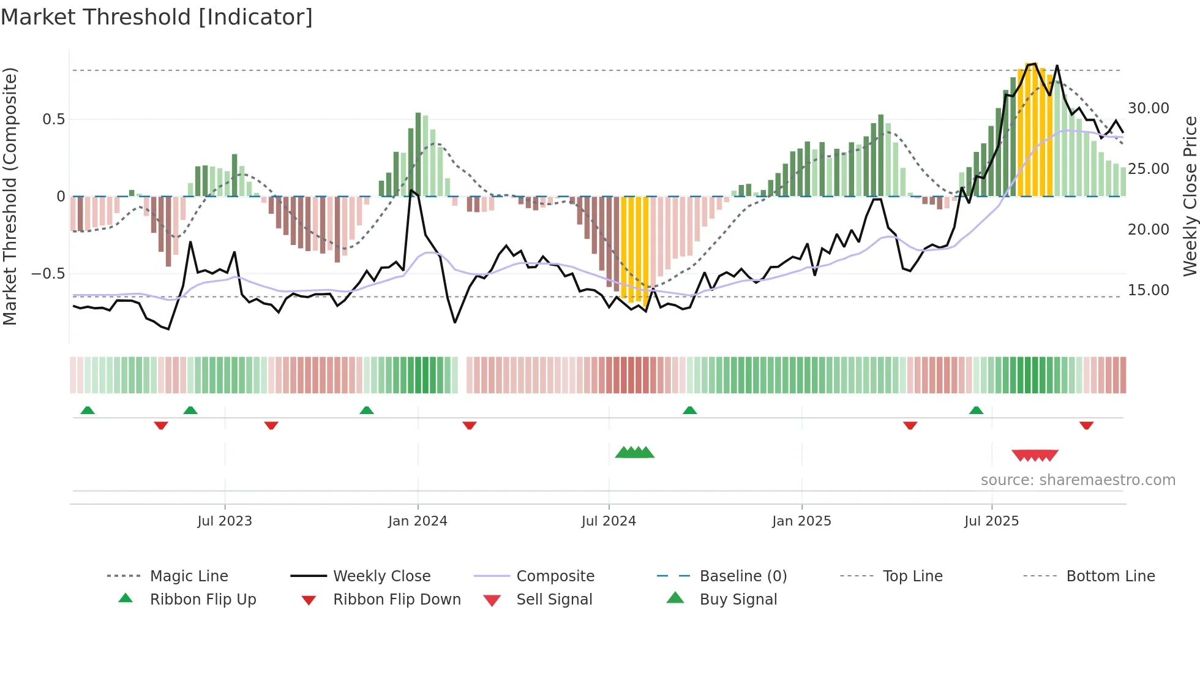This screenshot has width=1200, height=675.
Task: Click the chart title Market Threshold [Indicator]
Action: (x=157, y=17)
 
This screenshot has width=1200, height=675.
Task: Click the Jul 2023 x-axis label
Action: (x=225, y=521)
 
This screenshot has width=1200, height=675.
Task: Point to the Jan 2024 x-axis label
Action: (x=418, y=521)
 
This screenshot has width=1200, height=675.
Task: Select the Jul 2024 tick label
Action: (x=609, y=521)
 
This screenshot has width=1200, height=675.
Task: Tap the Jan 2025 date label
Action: (x=801, y=521)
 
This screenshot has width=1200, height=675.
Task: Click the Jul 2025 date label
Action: (x=991, y=521)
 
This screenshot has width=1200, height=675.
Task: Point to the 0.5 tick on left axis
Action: (x=54, y=119)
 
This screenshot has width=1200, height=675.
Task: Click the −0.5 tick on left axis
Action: (x=48, y=274)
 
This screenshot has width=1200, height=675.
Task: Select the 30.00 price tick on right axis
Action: (x=1149, y=108)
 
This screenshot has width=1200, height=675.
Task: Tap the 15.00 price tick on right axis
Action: (x=1149, y=290)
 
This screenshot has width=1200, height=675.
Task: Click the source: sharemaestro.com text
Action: (x=1078, y=480)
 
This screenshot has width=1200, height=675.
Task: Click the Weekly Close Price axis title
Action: (x=1190, y=196)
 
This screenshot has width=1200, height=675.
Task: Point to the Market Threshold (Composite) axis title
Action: (x=10, y=196)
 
